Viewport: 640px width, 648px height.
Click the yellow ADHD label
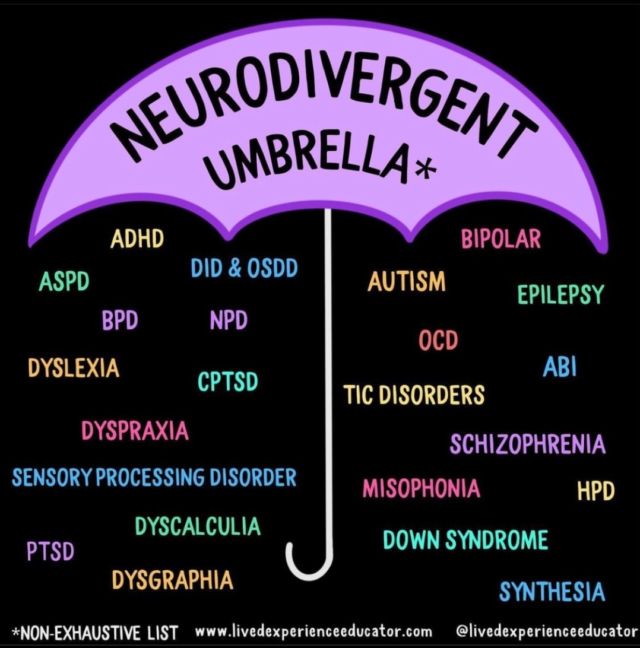[137, 240]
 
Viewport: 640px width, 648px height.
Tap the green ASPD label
[64, 282]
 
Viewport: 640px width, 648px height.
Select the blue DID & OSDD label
[244, 268]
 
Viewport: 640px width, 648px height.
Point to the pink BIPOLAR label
[501, 239]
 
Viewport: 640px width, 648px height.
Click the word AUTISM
[407, 281]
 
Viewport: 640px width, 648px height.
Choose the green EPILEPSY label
[560, 295]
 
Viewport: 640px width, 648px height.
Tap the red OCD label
[439, 341]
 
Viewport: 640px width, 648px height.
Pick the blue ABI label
[560, 367]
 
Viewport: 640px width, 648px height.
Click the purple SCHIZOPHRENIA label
[527, 444]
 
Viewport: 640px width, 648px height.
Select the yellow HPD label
[595, 491]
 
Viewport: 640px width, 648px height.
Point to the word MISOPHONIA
[422, 488]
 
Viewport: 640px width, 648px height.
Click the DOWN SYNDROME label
[465, 540]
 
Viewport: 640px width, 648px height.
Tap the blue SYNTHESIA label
[552, 592]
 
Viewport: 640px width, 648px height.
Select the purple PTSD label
[50, 552]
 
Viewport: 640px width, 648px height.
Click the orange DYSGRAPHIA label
[173, 580]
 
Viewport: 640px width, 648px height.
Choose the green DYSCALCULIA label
[198, 526]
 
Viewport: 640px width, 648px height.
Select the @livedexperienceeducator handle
[547, 630]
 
